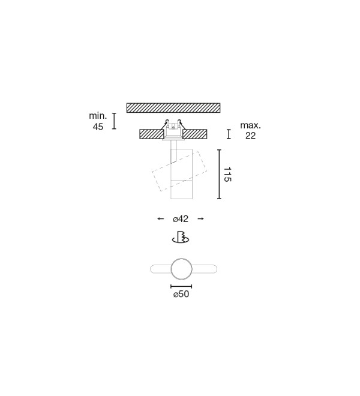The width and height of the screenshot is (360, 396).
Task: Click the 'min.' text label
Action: [x=98, y=116]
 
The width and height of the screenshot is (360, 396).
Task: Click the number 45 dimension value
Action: [x=98, y=127]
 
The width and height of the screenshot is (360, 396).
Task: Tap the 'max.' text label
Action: [x=250, y=125]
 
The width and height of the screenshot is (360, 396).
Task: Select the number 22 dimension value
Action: [x=250, y=136]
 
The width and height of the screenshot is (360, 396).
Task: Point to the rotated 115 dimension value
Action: [x=227, y=174]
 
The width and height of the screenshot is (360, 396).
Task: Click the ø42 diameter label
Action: [x=181, y=219]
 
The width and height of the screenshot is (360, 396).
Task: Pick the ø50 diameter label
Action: [x=181, y=294]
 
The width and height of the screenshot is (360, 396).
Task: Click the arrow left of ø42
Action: [x=160, y=219]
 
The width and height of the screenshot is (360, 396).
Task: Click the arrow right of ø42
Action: [x=200, y=219]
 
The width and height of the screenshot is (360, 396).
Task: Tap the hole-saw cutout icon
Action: [x=181, y=237]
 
